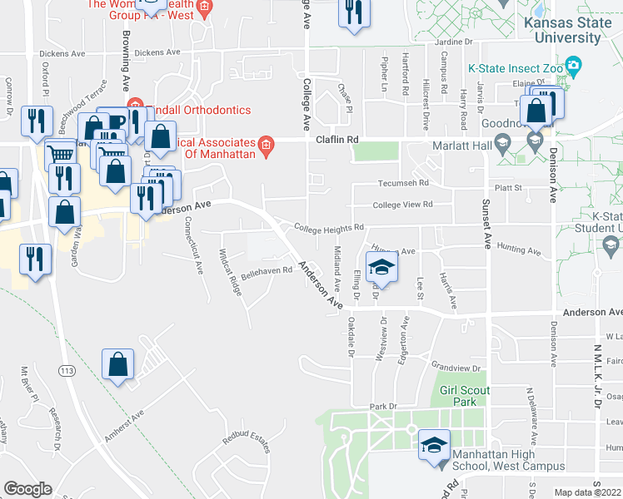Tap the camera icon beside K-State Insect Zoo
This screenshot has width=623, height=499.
click(x=572, y=65)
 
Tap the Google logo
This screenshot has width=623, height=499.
click(x=27, y=488)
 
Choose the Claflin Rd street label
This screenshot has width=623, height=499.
click(x=336, y=140)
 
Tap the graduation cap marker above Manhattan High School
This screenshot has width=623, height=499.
click(x=434, y=444)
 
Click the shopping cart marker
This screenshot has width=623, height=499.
click(x=59, y=154)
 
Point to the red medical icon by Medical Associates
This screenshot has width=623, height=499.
click(x=266, y=146)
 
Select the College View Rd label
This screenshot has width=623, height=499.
click(x=404, y=204)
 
